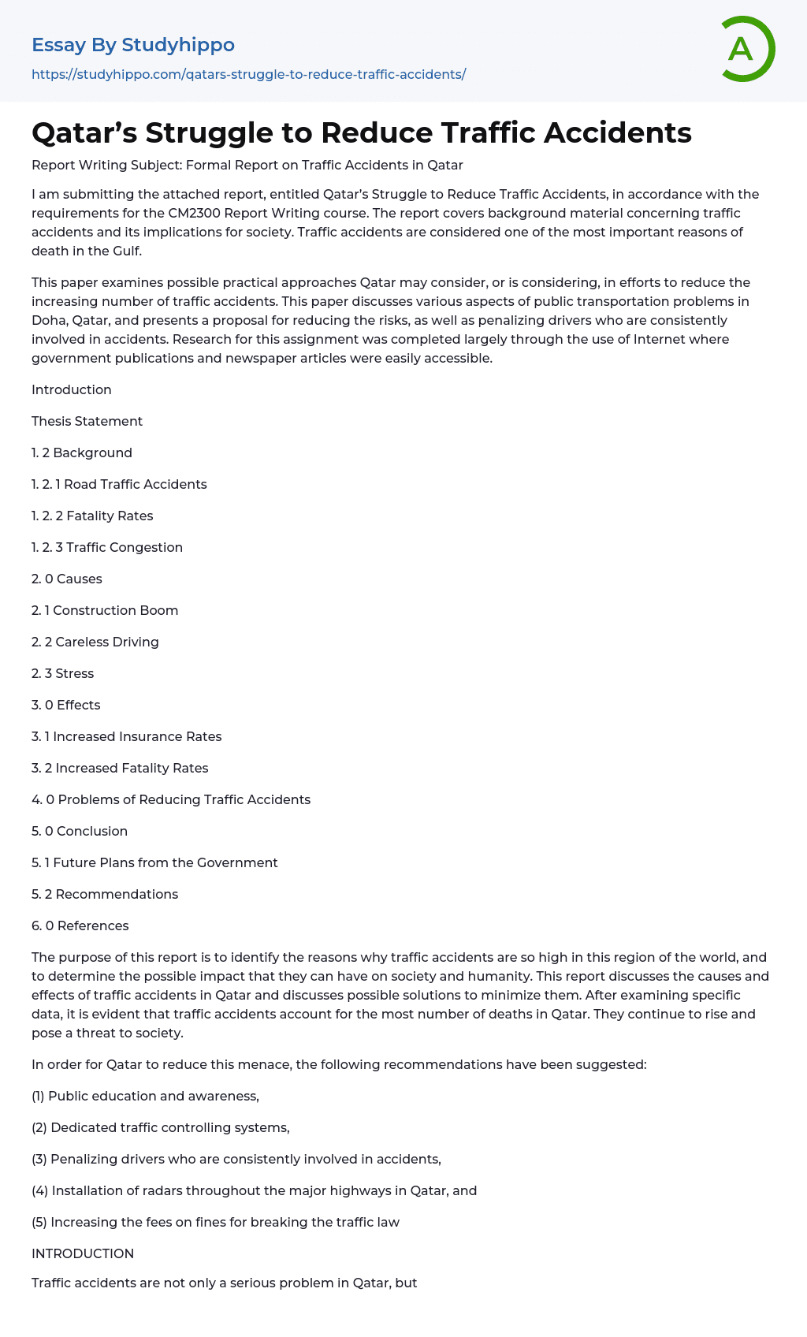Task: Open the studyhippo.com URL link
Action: (x=248, y=74)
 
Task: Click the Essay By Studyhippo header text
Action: (x=133, y=45)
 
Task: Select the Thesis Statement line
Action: (x=87, y=421)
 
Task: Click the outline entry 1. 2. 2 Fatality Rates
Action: (x=92, y=516)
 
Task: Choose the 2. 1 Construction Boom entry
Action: (x=105, y=610)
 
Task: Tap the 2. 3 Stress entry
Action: (x=62, y=673)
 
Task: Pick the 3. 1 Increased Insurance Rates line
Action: (x=126, y=736)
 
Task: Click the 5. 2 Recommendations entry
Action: (x=105, y=894)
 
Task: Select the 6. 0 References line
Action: (x=80, y=925)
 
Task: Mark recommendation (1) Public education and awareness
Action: (x=145, y=1096)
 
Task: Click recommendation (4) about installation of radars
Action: (x=254, y=1190)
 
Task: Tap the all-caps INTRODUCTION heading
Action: (x=83, y=1253)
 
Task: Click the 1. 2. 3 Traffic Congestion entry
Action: (x=107, y=547)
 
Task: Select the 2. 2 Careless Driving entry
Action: (x=95, y=642)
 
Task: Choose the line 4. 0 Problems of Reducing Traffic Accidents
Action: (x=171, y=799)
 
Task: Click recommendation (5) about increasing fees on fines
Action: (x=215, y=1222)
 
